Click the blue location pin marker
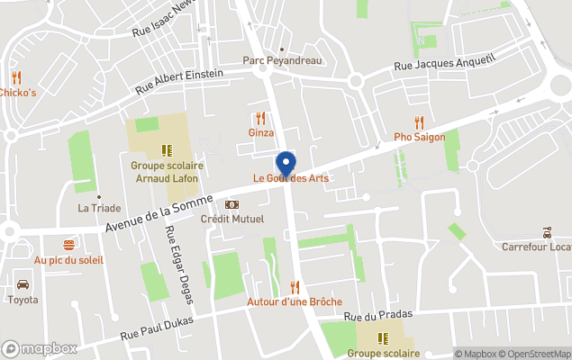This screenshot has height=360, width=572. pos(286,164)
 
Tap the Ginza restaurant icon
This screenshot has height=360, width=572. pos(260,118)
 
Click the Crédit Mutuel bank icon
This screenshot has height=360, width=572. pos(232,205)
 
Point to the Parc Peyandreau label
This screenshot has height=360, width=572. pos(282,61)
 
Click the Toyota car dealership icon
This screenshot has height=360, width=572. pos(23,284)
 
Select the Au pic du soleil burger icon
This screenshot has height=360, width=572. pos(68,245)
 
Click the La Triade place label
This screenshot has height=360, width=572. pos(99,207)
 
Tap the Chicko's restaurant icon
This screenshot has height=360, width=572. pos(16,77)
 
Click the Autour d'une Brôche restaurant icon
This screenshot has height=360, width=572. pos(295,287)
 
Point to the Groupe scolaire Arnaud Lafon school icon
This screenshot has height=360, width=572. pos(167,150)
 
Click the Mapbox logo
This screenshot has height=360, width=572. pos(40,348)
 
